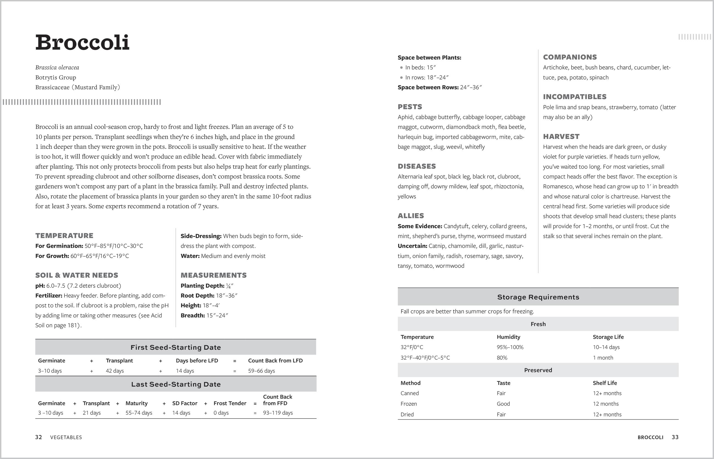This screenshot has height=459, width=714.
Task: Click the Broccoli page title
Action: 82,42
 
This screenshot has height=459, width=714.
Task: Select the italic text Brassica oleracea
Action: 57,67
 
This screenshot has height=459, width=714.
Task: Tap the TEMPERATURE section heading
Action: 64,235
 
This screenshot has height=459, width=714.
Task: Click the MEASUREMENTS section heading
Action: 213,275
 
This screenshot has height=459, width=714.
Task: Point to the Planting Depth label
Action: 202,285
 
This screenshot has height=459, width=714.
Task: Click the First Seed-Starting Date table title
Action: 175,347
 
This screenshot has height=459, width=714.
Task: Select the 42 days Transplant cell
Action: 115,371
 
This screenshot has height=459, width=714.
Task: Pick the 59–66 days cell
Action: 261,371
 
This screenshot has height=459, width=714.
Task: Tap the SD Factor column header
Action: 185,403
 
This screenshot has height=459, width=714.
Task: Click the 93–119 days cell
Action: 278,413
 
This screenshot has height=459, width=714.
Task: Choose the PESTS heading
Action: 410,107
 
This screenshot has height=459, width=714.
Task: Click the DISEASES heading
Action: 417,166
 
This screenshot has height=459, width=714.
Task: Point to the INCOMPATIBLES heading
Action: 574,97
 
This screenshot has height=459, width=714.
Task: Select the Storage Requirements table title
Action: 538,297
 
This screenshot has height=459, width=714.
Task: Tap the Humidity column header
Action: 508,337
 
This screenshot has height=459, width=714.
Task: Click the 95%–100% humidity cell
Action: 510,347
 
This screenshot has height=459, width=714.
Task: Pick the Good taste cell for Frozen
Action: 503,404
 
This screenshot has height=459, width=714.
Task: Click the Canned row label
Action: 409,393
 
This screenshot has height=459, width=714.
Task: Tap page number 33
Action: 675,437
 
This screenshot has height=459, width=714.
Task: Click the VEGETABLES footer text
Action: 66,437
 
